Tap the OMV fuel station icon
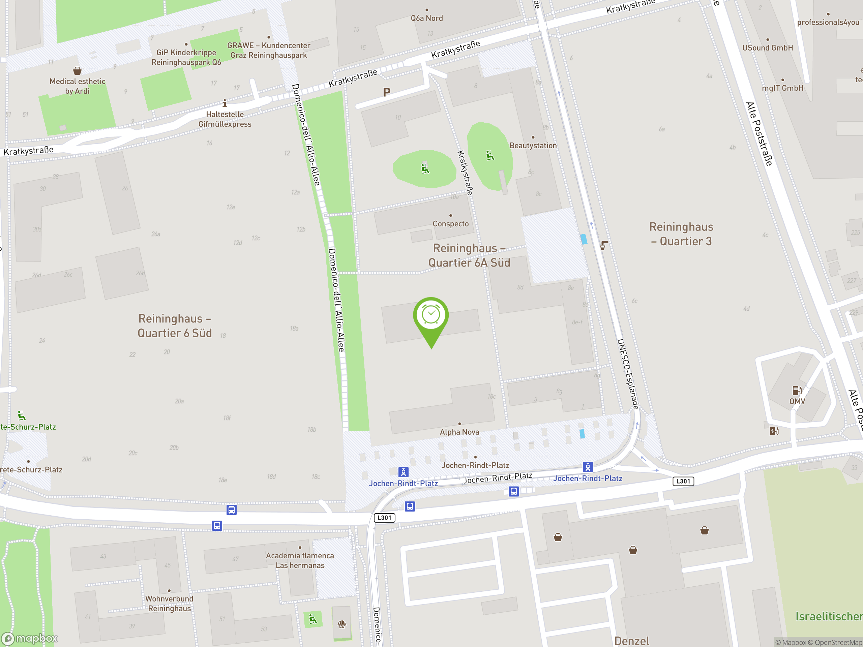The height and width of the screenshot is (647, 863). click(x=797, y=390)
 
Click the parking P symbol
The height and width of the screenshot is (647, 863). click(x=387, y=92)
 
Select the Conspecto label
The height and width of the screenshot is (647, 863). click(x=451, y=223)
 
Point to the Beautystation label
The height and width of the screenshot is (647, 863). click(x=533, y=146)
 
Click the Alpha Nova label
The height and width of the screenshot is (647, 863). click(x=459, y=432)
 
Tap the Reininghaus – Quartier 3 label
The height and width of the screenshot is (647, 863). click(x=681, y=234)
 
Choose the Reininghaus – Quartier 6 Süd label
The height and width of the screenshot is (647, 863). click(x=175, y=326)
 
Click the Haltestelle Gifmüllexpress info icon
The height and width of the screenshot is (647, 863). click(x=225, y=103)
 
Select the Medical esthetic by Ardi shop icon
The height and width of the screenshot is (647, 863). click(x=77, y=70)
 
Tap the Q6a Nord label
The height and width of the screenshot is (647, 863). click(x=427, y=18)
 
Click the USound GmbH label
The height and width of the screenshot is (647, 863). click(x=767, y=48)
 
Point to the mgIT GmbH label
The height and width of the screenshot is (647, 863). click(x=783, y=88)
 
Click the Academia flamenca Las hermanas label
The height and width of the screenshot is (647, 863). click(x=300, y=560)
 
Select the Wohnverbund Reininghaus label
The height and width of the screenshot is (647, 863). click(x=169, y=603)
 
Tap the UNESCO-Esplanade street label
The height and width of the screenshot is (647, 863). click(x=628, y=374)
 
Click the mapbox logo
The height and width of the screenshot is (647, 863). click(x=30, y=639)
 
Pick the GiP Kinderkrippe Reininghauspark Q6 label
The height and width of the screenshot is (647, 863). click(x=186, y=57)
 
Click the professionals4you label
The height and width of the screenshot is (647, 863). click(x=828, y=22)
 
